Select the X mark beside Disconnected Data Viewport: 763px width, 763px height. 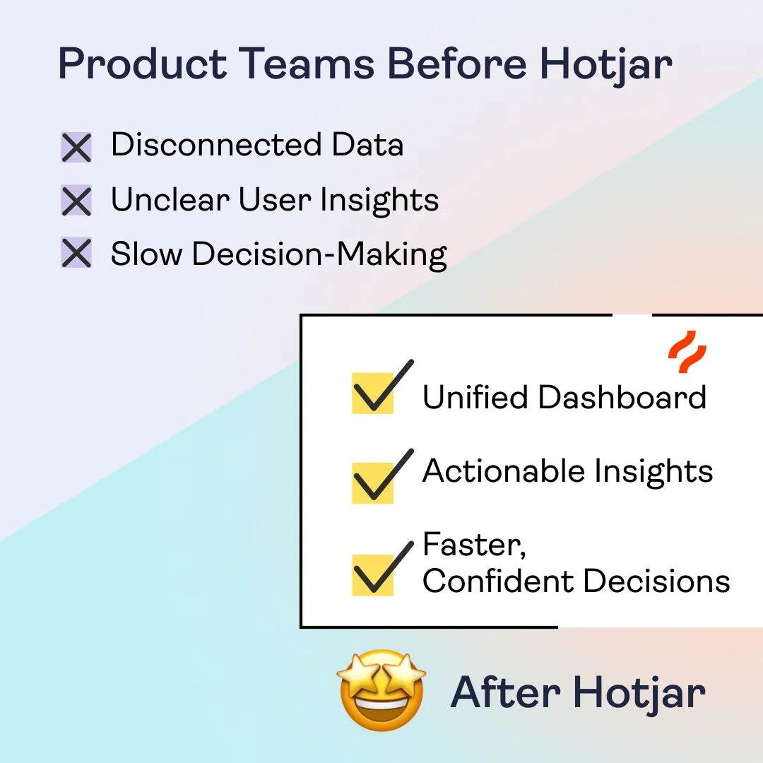pos(76,148)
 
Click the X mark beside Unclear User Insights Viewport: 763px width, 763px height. pos(76,201)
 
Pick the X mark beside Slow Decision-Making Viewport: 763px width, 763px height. pos(76,254)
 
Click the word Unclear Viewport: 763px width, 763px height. pos(170,200)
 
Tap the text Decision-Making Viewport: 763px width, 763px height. pos(319,254)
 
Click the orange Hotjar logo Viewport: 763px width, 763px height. pos(687,351)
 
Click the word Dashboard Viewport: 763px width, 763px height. pos(622,397)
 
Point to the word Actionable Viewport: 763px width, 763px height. pos(503,471)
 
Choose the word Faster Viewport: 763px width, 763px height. pos(471,545)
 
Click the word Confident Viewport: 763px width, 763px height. pos(498,581)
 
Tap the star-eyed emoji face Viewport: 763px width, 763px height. pos(381,690)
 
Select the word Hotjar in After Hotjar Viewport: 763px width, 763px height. pos(639,692)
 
